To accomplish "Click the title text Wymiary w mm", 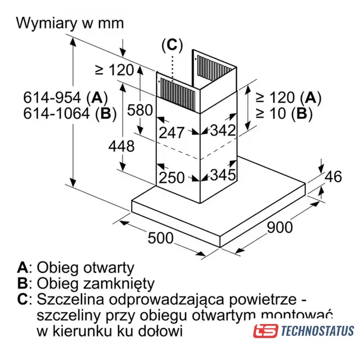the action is tap(70, 24).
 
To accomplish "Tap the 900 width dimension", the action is tap(280, 227).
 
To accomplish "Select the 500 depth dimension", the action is tap(160, 237).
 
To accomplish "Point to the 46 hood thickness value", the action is tap(334, 177).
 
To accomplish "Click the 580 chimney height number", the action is tap(140, 110).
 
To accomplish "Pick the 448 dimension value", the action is tap(121, 146).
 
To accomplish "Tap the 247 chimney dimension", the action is tap(172, 133).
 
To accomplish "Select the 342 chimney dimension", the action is tap(223, 130).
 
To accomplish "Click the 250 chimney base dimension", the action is tap(172, 178).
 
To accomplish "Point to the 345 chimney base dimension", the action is tap(223, 174).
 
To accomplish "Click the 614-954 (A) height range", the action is tap(65, 97).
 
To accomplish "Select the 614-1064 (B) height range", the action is tap(70, 113).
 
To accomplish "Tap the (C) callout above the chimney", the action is tap(172, 45).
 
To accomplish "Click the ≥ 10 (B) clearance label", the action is tap(284, 113).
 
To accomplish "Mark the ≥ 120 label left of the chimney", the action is tap(114, 70).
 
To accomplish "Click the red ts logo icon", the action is tap(265, 331).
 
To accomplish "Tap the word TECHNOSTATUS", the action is tap(317, 331).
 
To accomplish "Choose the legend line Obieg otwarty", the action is tap(75, 268).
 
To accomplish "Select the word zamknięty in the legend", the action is tap(119, 283).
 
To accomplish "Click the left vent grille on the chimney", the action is tap(178, 90).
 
